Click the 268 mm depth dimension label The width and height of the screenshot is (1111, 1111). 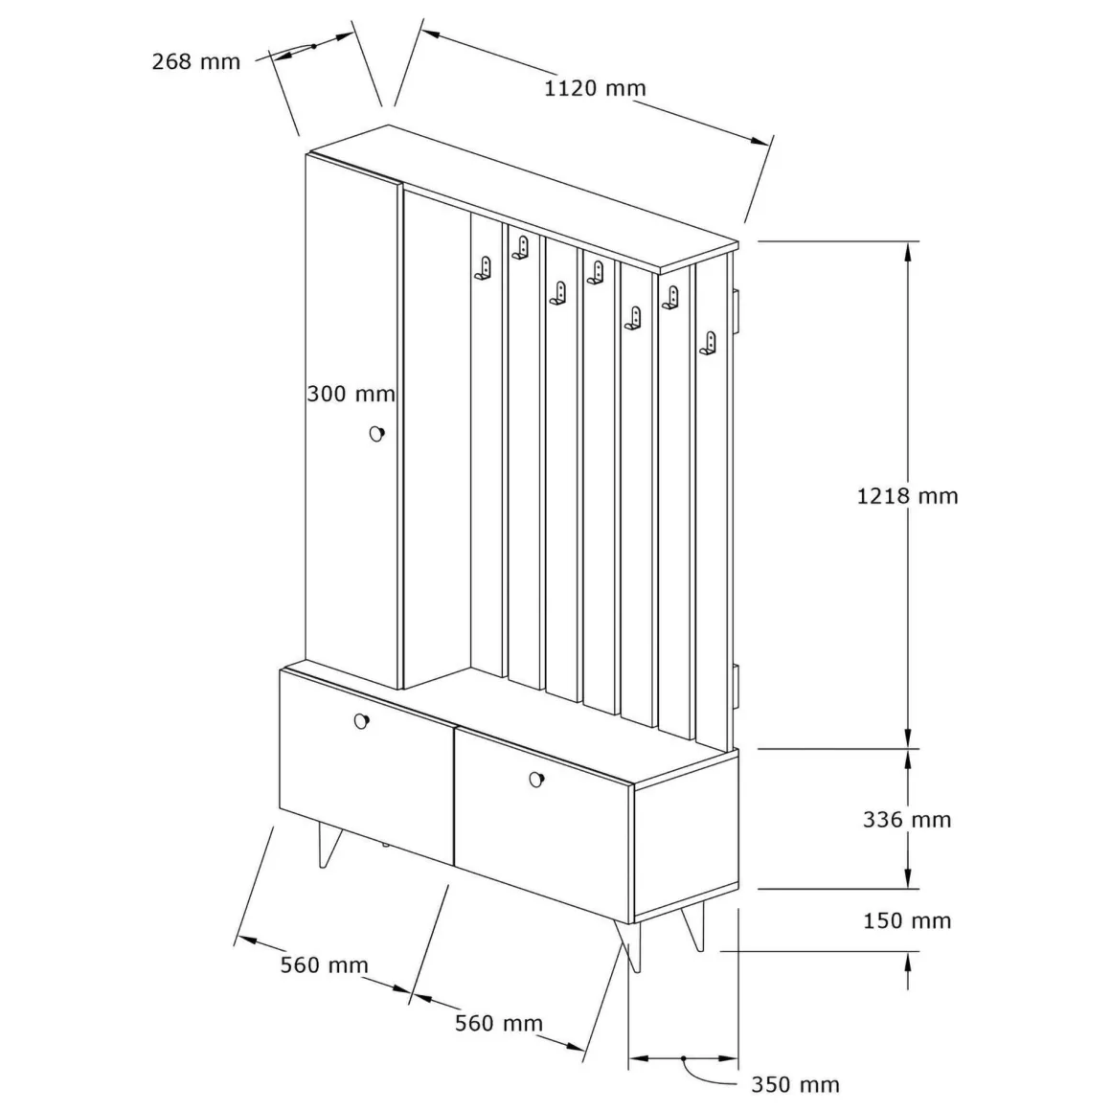tap(196, 61)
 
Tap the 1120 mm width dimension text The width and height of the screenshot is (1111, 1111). tap(595, 88)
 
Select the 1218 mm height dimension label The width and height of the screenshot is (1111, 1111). tap(908, 496)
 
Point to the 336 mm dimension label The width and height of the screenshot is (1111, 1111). tap(907, 820)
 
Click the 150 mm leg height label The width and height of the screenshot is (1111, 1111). tap(907, 921)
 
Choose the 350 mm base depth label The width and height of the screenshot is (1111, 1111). tap(795, 1085)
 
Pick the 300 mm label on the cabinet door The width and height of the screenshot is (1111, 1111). tap(351, 394)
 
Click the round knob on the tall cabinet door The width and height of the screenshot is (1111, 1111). tap(377, 434)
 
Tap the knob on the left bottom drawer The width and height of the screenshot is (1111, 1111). tap(361, 721)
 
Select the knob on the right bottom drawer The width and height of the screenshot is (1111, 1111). tap(537, 780)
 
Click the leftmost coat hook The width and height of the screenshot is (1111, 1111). tap(484, 268)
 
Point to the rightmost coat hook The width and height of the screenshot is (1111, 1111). tap(708, 344)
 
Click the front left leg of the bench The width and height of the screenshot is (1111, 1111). tap(329, 846)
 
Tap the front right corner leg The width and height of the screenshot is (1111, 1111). tap(630, 946)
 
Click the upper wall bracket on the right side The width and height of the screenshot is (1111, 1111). tap(736, 309)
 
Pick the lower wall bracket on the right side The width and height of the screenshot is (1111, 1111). tap(736, 685)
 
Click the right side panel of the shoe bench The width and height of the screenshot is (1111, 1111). tap(686, 834)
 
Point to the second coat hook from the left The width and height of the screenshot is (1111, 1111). tap(521, 247)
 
